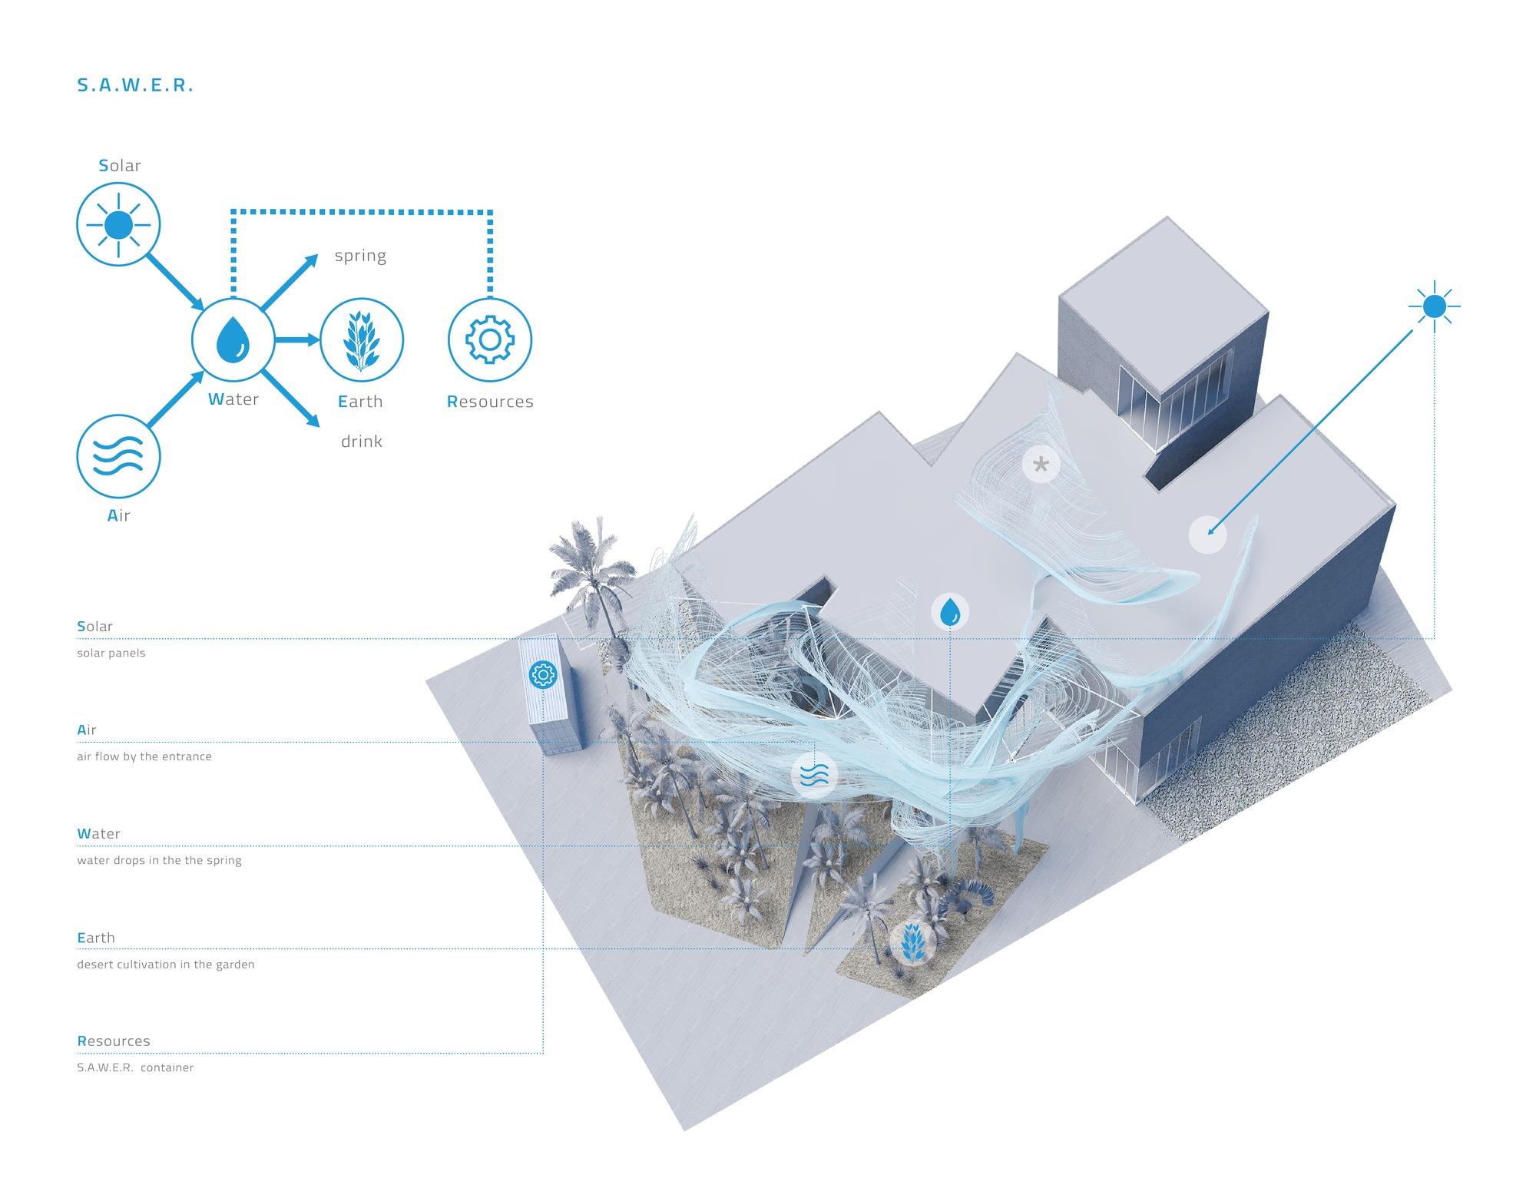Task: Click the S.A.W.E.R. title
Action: (x=135, y=85)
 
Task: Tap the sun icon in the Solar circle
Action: (x=118, y=225)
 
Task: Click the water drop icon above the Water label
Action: (x=233, y=339)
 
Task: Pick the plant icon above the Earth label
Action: (x=361, y=339)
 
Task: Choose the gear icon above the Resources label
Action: (x=489, y=339)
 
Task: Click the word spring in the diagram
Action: (x=360, y=256)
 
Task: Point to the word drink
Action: (x=362, y=442)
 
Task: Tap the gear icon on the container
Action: (x=542, y=675)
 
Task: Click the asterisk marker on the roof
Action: (x=1041, y=464)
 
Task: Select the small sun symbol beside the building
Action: (x=1434, y=307)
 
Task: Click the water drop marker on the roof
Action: (x=950, y=612)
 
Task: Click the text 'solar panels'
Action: (x=111, y=654)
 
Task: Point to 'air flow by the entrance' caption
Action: (x=144, y=756)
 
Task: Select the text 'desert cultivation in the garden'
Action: (x=166, y=965)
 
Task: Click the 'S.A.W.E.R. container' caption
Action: (x=135, y=1067)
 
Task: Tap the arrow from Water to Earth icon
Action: (x=296, y=339)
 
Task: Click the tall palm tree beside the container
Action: (x=595, y=584)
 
